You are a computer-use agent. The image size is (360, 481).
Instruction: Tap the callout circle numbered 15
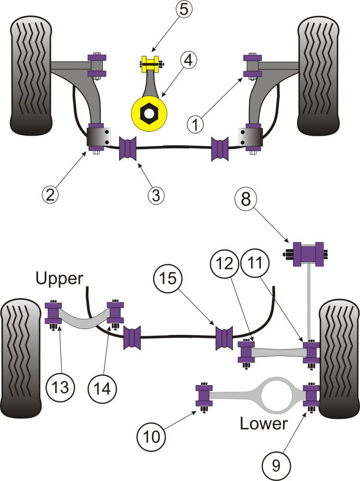166,278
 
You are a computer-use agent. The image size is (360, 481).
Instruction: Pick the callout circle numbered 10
150,438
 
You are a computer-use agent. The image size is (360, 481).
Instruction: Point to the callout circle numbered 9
275,465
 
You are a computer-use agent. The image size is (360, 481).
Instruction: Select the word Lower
263,423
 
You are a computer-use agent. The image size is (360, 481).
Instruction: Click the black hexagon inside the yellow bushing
149,114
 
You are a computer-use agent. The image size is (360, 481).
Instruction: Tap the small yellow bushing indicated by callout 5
150,63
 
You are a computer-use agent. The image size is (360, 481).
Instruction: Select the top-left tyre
30,77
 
